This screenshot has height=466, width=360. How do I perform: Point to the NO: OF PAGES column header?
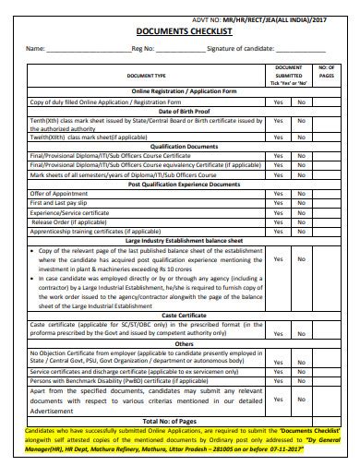(327, 72)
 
